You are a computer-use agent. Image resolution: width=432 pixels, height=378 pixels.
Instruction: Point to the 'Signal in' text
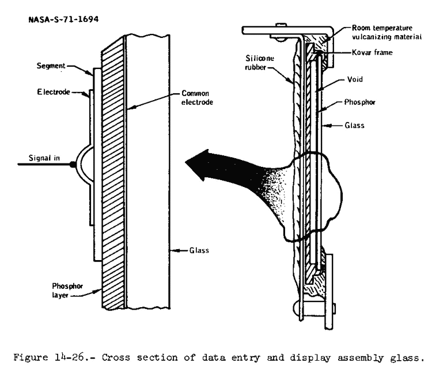click(x=42, y=156)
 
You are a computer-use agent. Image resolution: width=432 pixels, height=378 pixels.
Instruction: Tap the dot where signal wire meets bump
click(x=72, y=165)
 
